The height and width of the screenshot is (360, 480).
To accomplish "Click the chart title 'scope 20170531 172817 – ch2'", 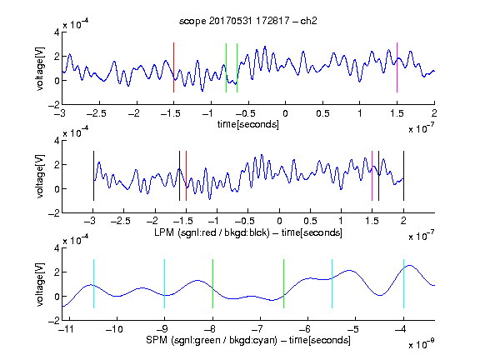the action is tap(248, 21).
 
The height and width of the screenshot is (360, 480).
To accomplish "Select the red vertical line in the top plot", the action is tap(173, 67).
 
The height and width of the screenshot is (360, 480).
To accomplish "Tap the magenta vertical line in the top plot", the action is tap(397, 67).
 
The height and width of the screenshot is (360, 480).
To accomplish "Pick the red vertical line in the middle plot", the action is tap(186, 176).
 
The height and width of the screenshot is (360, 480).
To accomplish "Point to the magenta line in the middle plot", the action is tap(372, 176).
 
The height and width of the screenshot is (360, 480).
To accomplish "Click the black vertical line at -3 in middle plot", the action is tap(93, 176).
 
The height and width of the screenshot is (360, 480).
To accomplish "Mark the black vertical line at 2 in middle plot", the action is tap(403, 176).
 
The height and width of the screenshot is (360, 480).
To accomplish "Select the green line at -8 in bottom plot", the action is tap(212, 283).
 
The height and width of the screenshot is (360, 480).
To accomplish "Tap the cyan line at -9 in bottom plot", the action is tap(164, 283).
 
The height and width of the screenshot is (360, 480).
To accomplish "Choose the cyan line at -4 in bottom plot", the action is tap(403, 283).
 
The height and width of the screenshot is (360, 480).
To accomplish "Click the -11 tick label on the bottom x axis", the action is tap(67, 329).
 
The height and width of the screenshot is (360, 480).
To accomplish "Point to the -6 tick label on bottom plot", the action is tap(305, 329).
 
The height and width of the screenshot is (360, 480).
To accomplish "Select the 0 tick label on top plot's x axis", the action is tap(285, 113).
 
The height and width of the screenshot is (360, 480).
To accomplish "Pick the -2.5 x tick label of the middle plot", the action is tap(120, 221).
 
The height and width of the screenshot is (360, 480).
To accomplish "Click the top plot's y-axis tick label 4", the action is tap(57, 32).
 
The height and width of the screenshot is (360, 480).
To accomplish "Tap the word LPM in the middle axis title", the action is tap(164, 232).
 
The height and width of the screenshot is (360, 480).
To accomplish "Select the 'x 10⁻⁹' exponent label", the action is tap(421, 343).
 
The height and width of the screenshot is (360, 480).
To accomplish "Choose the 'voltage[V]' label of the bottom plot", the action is tap(40, 284).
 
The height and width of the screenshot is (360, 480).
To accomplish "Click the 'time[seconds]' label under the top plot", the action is tap(248, 124).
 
